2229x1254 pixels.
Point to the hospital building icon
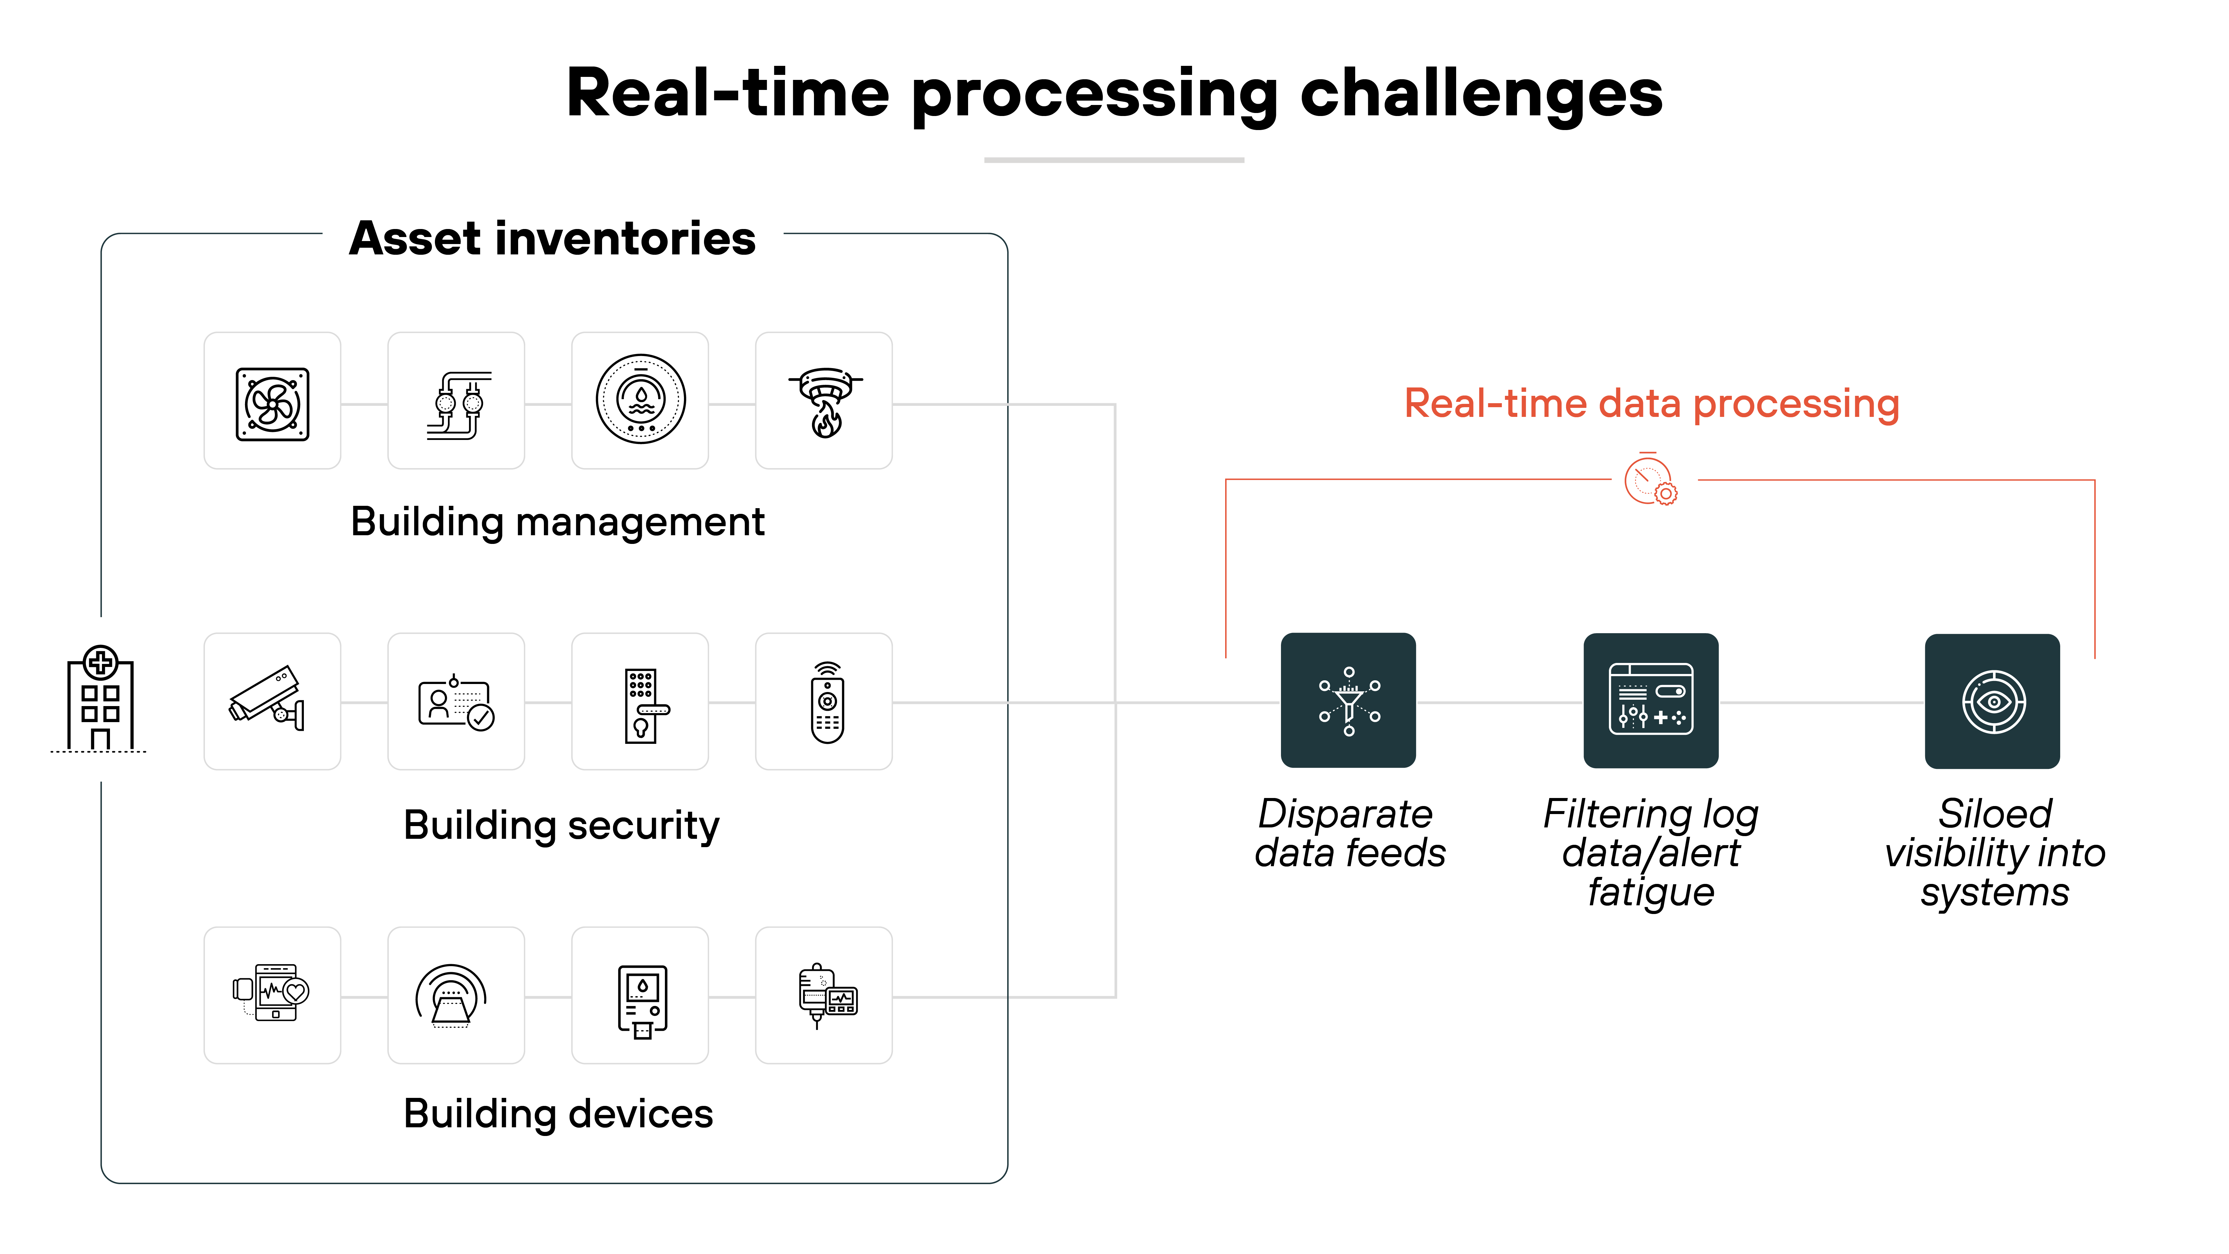pyautogui.click(x=100, y=699)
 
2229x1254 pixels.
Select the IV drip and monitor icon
pyautogui.click(x=825, y=995)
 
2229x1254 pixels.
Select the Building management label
pyautogui.click(x=557, y=522)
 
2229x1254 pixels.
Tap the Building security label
pyautogui.click(x=561, y=825)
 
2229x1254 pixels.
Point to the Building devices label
pyautogui.click(x=558, y=1114)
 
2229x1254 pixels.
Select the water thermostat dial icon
pyautogui.click(x=640, y=400)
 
